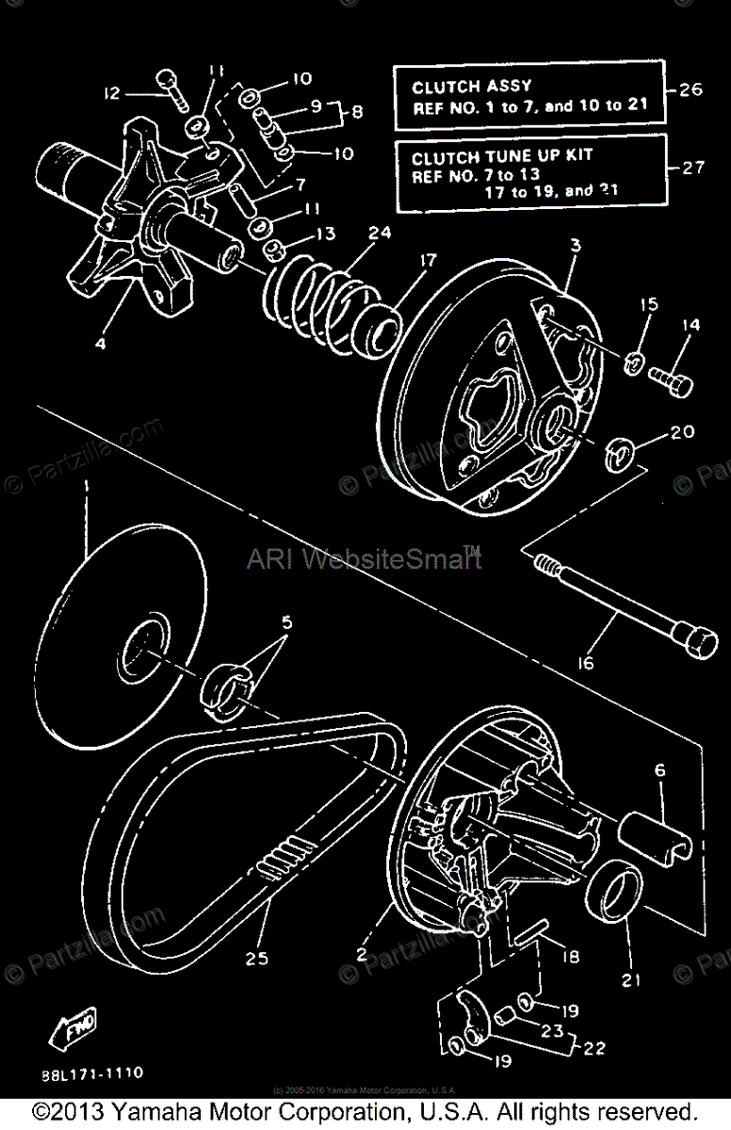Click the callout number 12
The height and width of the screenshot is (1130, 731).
pyautogui.click(x=113, y=92)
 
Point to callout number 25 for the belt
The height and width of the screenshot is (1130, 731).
pyautogui.click(x=256, y=959)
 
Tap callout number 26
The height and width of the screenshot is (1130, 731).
pyautogui.click(x=690, y=91)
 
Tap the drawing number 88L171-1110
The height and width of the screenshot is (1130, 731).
pyautogui.click(x=91, y=1073)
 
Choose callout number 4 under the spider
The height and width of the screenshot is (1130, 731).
pyautogui.click(x=101, y=344)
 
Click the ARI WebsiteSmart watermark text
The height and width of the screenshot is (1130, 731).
pyautogui.click(x=364, y=559)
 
